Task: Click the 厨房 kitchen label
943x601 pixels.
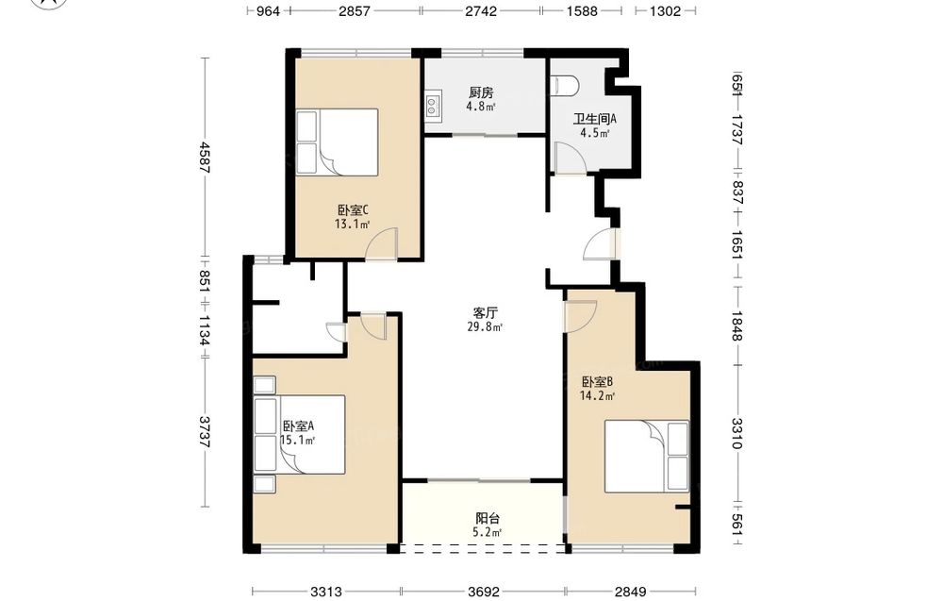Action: pos(481,92)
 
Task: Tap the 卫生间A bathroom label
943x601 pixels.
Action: pos(594,119)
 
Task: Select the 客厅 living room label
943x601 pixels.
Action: pos(485,313)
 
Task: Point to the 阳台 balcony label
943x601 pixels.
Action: pos(488,519)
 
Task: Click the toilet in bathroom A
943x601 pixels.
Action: pos(565,86)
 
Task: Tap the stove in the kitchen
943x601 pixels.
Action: pos(433,106)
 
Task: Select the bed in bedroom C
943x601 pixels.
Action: pos(338,142)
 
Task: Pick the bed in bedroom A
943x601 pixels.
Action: pos(300,434)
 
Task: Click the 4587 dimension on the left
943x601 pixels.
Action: pos(206,158)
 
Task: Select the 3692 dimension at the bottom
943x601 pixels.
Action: pos(484,592)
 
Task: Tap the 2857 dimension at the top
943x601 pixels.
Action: pos(355,10)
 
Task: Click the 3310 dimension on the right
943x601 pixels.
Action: pos(738,433)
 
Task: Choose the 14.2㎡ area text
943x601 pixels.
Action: pos(597,396)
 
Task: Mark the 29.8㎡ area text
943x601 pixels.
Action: pos(485,327)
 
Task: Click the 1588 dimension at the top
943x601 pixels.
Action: pos(582,10)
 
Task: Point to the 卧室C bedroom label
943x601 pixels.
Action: pos(353,210)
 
